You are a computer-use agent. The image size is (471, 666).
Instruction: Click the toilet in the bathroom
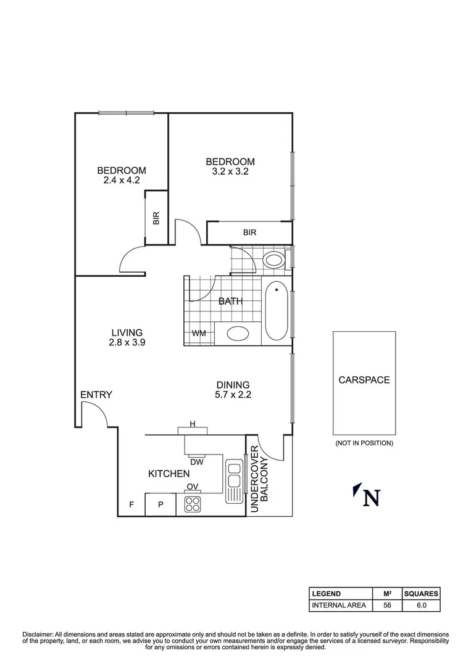click(x=272, y=260)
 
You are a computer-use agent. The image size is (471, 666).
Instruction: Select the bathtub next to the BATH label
click(x=276, y=311)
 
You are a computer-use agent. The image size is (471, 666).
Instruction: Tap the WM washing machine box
click(x=199, y=333)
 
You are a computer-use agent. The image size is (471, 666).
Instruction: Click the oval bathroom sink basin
click(x=238, y=334)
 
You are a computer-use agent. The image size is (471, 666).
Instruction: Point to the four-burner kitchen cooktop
click(x=193, y=504)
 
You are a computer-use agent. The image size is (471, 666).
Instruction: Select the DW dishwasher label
click(x=197, y=461)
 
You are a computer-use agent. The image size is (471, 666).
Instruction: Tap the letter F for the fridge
click(x=131, y=504)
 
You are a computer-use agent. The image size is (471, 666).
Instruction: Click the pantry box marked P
click(x=160, y=504)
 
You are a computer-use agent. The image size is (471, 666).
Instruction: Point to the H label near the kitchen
click(x=193, y=424)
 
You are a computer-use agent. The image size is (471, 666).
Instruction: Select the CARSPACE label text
click(x=364, y=380)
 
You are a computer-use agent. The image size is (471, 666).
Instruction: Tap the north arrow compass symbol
click(x=365, y=496)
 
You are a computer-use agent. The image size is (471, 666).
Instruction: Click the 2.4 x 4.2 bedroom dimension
click(x=121, y=181)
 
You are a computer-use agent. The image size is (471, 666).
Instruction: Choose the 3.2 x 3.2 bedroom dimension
click(x=230, y=172)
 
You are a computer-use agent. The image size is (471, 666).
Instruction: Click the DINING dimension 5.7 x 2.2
click(x=233, y=395)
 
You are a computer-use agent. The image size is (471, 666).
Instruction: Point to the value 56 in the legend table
click(x=387, y=605)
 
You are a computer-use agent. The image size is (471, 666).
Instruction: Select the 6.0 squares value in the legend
click(x=420, y=605)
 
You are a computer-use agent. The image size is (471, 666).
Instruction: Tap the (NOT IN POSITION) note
click(x=364, y=443)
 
